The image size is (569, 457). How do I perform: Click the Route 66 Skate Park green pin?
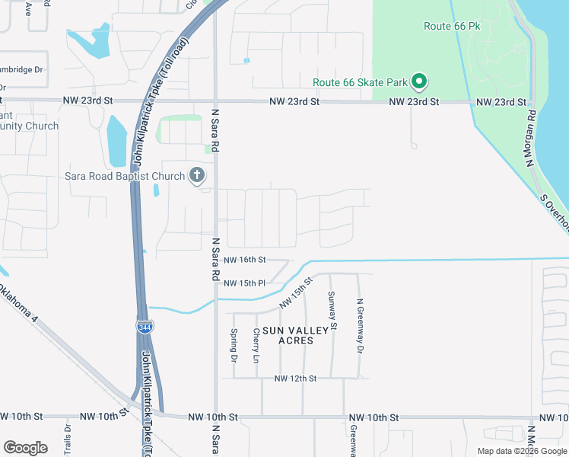[418, 81]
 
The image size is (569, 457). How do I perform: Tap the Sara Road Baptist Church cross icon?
[196, 176]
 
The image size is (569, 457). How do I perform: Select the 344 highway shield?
[145, 326]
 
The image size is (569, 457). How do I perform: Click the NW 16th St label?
[244, 260]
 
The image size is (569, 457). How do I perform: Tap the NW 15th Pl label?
[244, 283]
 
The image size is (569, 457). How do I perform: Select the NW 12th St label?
[294, 379]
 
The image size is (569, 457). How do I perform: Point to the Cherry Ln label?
[256, 345]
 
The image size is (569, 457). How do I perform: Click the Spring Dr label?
[234, 344]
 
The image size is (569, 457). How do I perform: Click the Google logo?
[25, 447]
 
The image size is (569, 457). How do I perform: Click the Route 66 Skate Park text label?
[360, 82]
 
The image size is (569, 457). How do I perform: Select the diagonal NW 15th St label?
[296, 294]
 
